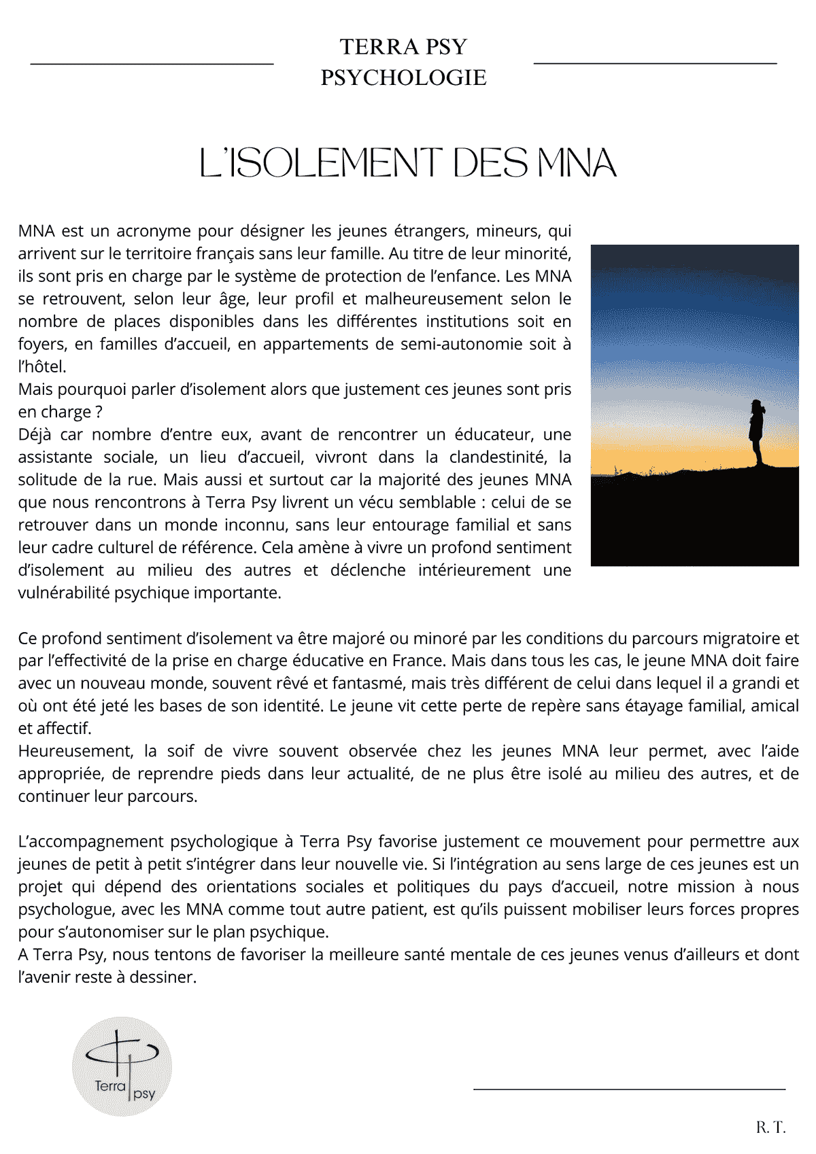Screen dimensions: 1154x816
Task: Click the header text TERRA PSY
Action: [404, 47]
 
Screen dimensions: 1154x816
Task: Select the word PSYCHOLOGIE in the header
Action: [404, 77]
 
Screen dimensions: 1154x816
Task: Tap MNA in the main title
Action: [577, 163]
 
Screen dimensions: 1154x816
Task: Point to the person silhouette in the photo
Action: [757, 432]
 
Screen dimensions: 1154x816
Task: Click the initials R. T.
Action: [770, 1127]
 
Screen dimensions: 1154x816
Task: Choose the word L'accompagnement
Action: [91, 842]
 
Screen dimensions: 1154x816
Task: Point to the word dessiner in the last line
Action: [163, 977]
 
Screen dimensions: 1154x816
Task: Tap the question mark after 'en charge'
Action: [99, 413]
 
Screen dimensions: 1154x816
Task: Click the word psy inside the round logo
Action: [144, 1094]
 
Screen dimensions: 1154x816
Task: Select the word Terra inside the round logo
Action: [110, 1085]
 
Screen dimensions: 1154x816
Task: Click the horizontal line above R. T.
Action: [629, 1089]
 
